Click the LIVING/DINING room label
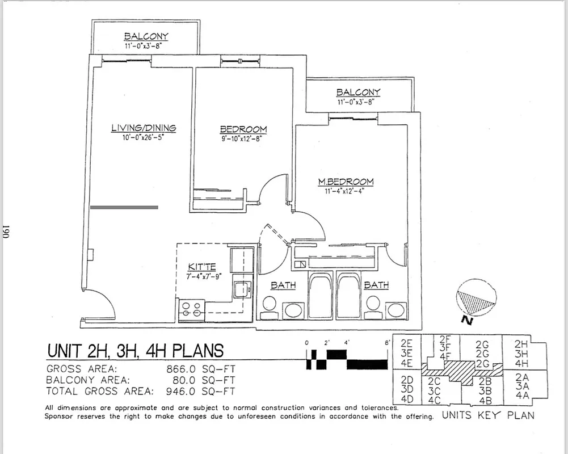click(x=143, y=128)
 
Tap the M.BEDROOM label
click(x=346, y=182)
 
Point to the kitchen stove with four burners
click(x=192, y=309)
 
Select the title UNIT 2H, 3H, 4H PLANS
click(x=135, y=350)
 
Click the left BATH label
click(x=283, y=285)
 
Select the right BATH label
click(x=376, y=285)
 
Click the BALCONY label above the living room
click(x=146, y=36)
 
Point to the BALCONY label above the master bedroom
click(x=358, y=93)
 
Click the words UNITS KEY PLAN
click(x=488, y=415)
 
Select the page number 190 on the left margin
click(x=6, y=231)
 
